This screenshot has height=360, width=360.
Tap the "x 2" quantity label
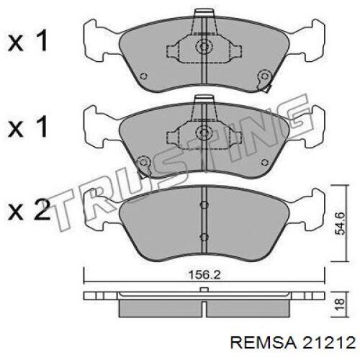click(29, 211)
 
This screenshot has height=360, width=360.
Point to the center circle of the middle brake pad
click(203, 134)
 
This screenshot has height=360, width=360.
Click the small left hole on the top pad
click(143, 76)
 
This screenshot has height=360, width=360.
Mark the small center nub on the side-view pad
click(204, 290)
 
